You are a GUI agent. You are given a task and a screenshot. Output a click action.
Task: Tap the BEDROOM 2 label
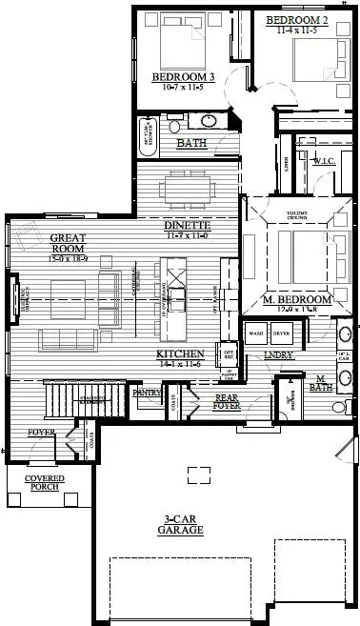[297, 19]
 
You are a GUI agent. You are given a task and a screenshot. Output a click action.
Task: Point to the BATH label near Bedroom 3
[192, 144]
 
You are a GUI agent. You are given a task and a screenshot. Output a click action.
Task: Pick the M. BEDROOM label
[297, 299]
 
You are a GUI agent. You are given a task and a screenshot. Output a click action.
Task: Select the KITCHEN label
[180, 353]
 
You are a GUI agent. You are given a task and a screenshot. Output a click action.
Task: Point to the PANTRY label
[145, 391]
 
